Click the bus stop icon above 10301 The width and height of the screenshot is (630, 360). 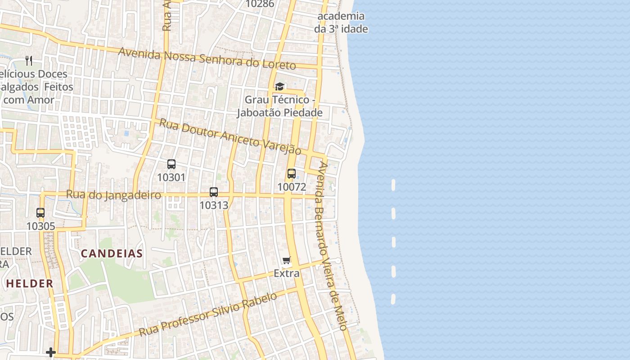[171, 164]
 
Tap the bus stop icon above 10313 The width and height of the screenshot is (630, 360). [214, 192]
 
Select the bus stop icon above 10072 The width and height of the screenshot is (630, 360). [292, 174]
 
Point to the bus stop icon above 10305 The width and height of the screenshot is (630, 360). [40, 213]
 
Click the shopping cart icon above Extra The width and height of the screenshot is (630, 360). [286, 260]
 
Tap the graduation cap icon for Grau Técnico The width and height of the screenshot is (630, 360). [279, 86]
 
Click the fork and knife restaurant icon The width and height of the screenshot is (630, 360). [29, 60]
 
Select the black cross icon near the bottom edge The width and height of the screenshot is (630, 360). [51, 352]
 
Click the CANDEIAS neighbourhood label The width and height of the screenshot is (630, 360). [112, 253]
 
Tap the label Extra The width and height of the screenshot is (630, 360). [287, 273]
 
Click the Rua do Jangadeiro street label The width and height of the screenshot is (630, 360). [113, 195]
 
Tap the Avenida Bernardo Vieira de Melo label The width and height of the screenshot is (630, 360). [333, 246]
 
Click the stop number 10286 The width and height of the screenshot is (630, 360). [260, 4]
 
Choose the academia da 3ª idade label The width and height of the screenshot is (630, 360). [341, 22]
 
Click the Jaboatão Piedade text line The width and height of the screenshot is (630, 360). [280, 112]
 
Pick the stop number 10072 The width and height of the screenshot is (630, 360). [292, 187]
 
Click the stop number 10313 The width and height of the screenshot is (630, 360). [214, 205]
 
